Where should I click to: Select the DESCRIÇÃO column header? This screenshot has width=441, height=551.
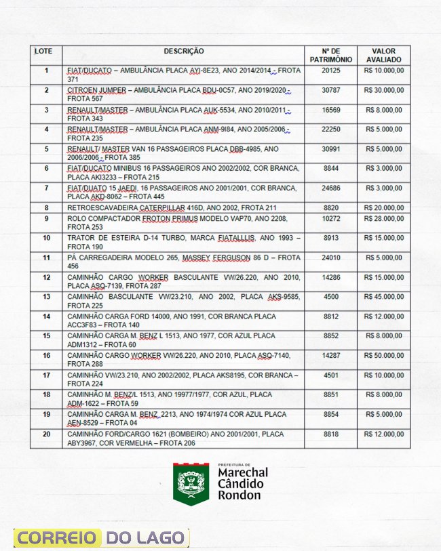[183, 51]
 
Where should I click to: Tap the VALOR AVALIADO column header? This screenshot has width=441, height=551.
[383, 55]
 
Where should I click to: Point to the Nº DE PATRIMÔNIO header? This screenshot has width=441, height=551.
[330, 55]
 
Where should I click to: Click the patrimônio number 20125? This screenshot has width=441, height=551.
[330, 70]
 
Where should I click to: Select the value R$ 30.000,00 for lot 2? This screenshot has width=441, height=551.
[384, 90]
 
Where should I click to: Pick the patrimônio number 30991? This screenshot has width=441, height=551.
[330, 149]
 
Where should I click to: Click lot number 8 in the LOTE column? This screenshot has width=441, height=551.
[46, 207]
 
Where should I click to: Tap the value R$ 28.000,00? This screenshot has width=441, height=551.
[384, 219]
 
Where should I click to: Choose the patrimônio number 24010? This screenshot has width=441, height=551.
[330, 258]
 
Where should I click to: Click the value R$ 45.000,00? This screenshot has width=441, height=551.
[384, 297]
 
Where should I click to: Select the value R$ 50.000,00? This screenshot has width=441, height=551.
[384, 355]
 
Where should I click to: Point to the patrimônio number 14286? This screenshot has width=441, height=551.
[330, 277]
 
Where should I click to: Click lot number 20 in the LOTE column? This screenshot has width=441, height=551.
[46, 434]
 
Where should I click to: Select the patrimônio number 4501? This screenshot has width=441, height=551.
[330, 375]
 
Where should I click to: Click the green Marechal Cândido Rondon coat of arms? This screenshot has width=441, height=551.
[191, 483]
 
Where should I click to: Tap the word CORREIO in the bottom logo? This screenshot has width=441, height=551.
[57, 538]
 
